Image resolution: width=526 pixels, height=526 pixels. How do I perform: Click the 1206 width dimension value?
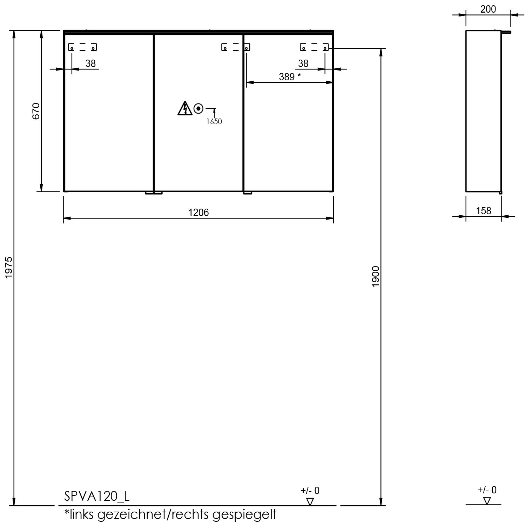click(198, 212)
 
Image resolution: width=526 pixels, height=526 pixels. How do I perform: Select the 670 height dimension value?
click(36, 111)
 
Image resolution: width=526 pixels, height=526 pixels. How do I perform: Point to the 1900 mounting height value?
click(376, 276)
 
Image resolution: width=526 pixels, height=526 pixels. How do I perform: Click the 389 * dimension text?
click(290, 76)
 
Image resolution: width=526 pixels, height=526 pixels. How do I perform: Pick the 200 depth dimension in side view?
click(488, 9)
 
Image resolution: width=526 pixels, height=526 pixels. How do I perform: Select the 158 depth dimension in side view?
click(484, 211)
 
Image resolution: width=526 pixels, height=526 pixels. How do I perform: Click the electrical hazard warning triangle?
click(185, 108)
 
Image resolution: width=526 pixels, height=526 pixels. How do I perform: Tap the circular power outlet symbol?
click(198, 109)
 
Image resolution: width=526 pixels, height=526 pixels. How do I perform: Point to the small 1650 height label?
click(214, 122)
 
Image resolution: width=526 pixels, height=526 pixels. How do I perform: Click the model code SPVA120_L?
click(97, 496)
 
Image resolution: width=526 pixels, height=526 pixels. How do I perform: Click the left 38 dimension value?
click(90, 63)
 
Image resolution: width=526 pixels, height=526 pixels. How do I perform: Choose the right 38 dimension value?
click(303, 63)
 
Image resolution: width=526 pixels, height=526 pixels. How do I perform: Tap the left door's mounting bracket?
click(82, 47)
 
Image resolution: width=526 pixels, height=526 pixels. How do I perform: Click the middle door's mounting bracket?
click(236, 47)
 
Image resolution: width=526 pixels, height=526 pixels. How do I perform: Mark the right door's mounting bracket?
click(314, 47)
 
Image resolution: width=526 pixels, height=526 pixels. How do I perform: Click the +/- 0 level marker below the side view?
click(487, 495)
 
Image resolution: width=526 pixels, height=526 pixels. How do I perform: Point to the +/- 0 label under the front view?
click(310, 491)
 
